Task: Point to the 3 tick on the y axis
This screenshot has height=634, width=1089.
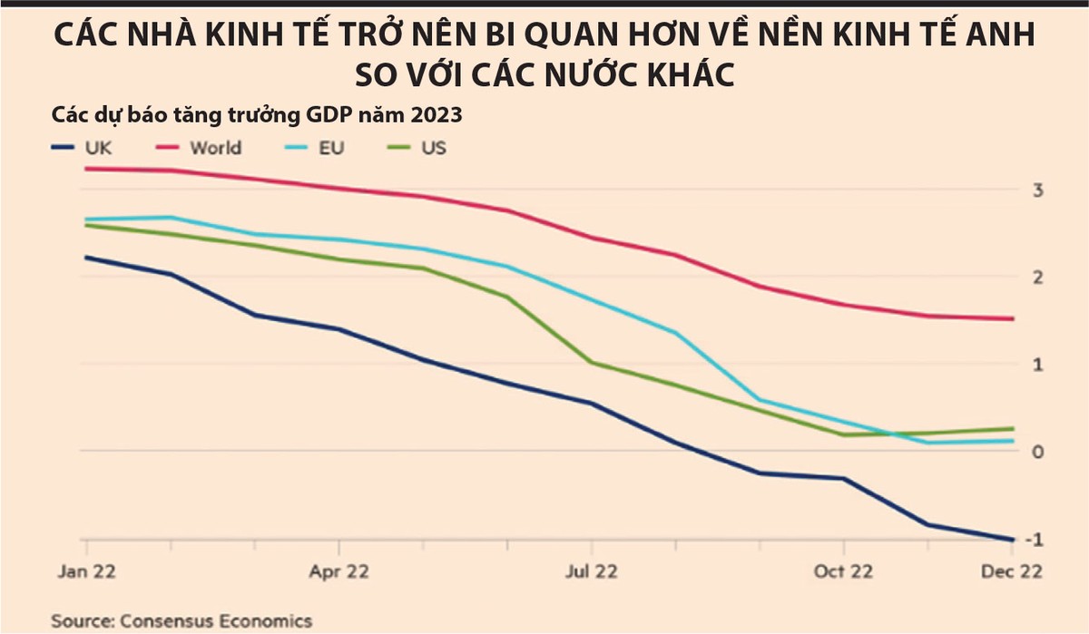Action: (x=1035, y=190)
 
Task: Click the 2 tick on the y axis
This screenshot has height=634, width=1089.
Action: (x=1035, y=277)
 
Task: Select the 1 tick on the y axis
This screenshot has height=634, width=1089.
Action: (x=1035, y=364)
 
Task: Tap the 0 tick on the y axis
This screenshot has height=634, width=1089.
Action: (x=1035, y=452)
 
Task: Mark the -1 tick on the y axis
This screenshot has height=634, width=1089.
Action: (x=1032, y=540)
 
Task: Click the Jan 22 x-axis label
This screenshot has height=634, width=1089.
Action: (x=86, y=572)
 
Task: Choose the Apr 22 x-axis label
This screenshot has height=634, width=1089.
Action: (x=338, y=572)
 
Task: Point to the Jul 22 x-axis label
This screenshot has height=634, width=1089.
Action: (x=591, y=572)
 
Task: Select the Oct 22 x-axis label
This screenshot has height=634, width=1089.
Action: (x=843, y=572)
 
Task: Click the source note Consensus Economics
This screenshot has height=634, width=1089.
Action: (x=181, y=621)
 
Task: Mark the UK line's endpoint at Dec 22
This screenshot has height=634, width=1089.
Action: (x=1013, y=540)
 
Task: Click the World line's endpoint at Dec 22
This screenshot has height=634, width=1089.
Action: (x=1013, y=318)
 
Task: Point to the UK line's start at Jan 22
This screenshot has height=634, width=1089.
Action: (x=86, y=257)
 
